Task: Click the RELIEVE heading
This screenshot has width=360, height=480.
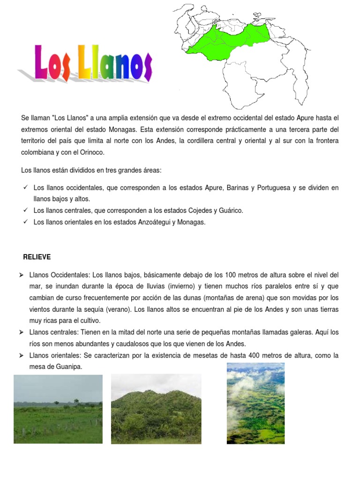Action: (37, 257)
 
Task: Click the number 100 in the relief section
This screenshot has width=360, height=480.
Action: (231, 275)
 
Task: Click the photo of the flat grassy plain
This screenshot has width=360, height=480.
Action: (58, 409)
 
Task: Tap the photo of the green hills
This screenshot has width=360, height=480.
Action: (156, 409)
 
